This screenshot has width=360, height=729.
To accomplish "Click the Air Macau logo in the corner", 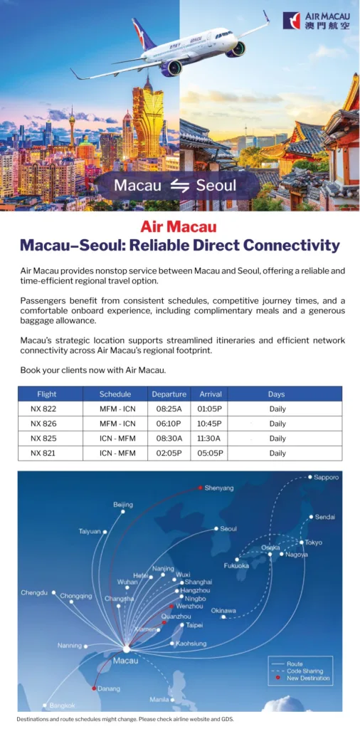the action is click(316, 21).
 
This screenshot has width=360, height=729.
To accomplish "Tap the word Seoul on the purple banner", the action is click(216, 186).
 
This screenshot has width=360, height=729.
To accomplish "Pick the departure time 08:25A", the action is click(169, 409).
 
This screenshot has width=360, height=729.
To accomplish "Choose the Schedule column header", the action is click(115, 394).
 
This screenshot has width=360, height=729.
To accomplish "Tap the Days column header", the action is click(276, 394).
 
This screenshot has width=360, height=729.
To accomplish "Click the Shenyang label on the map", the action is click(219, 488).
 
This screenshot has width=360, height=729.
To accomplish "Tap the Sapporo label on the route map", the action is click(327, 477).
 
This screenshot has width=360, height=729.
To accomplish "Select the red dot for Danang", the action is click(95, 688).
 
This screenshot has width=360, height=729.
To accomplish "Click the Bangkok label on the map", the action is click(62, 706).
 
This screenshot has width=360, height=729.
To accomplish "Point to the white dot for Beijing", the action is click(123, 512).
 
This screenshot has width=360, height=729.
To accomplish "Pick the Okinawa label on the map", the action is click(223, 610).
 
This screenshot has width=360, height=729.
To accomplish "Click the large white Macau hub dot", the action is click(127, 649).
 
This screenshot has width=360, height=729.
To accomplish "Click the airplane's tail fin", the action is click(143, 33).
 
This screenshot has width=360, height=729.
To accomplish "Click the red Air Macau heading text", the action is click(179, 227).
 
